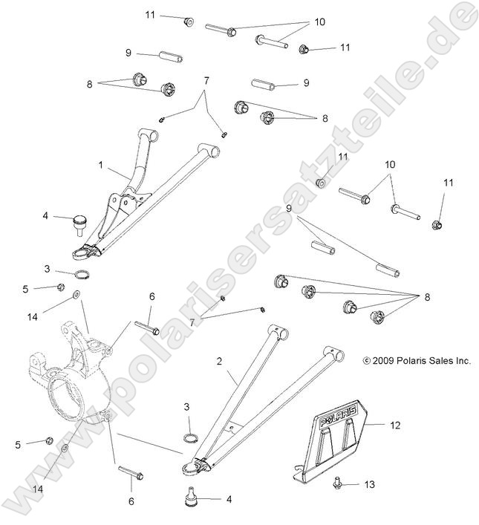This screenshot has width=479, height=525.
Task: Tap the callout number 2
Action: click(219, 362)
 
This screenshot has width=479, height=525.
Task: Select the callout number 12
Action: click(395, 425)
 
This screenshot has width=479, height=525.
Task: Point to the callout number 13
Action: click(370, 483)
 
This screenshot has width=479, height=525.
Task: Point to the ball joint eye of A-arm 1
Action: click(81, 253)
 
